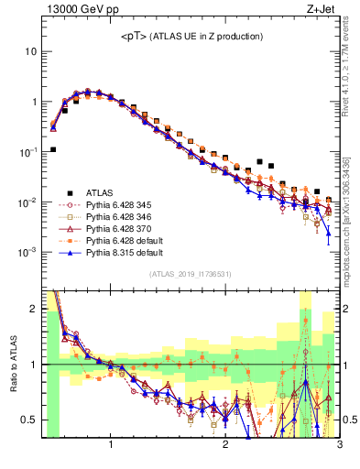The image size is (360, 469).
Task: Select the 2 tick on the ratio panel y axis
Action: [x=33, y=309]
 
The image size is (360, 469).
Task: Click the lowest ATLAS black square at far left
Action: [x=53, y=149]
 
